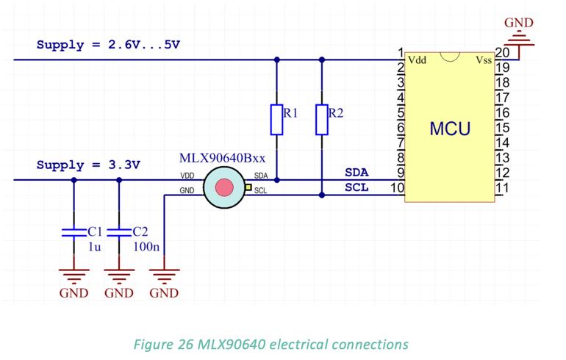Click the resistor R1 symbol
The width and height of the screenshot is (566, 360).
276,120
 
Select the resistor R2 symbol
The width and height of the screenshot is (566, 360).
322,120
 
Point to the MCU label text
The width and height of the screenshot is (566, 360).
450,129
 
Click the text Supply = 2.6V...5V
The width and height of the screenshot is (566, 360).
108,44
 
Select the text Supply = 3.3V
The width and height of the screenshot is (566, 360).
88,165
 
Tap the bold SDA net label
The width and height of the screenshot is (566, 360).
357,172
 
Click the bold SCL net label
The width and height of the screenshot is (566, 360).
357,187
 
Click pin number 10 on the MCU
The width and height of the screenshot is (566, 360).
397,188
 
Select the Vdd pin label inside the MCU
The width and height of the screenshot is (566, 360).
417,59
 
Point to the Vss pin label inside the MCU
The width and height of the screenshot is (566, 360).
483,59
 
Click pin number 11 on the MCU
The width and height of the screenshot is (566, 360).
502,188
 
